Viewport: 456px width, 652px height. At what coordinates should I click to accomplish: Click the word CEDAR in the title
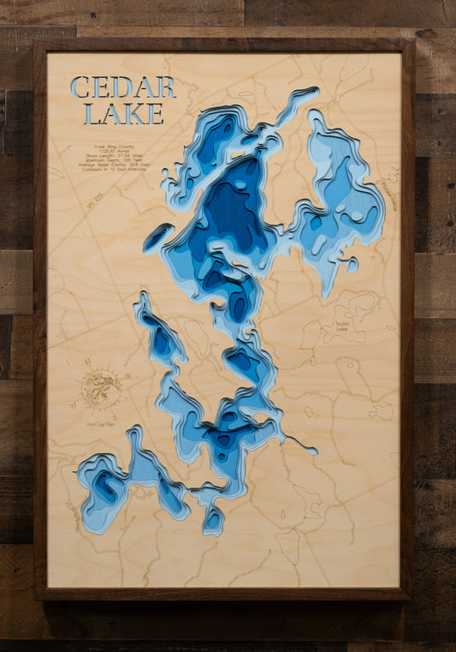coord(122,87)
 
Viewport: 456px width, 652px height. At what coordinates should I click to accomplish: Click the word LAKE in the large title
coord(122,113)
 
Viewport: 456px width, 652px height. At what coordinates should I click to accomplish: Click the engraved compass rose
coord(101,388)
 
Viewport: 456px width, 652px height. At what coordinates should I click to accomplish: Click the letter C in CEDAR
coord(80,87)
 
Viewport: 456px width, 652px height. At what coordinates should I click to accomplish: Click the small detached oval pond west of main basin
coord(157,237)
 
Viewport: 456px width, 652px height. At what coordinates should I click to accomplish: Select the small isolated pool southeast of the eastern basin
coord(352,265)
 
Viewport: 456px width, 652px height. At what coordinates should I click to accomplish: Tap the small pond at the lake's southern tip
coord(213,518)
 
